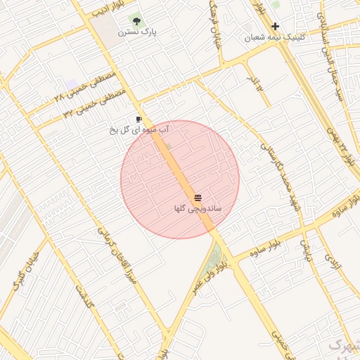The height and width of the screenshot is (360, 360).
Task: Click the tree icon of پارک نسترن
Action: pyautogui.click(x=136, y=20)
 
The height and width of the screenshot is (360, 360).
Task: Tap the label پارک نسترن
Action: pyautogui.click(x=137, y=32)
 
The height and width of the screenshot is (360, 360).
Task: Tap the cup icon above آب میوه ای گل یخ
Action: pyautogui.click(x=139, y=119)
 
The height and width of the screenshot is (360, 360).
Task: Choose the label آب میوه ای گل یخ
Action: pyautogui.click(x=140, y=130)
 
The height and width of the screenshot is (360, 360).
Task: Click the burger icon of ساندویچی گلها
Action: pyautogui.click(x=198, y=198)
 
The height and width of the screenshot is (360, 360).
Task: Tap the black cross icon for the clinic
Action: pyautogui.click(x=275, y=26)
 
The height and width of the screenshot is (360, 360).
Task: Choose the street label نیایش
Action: pyautogui.click(x=306, y=250)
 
